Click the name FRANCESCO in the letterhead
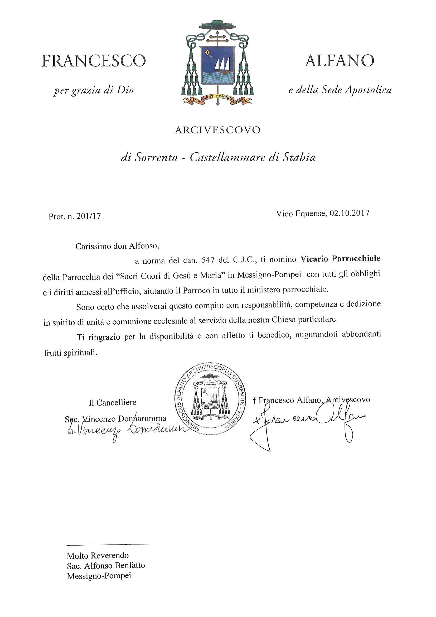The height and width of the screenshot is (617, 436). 94,61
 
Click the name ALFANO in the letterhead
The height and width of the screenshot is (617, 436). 340,61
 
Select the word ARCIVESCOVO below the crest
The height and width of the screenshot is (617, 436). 217,130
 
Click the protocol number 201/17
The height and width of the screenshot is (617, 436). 88,216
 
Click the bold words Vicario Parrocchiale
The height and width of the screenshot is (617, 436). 340,259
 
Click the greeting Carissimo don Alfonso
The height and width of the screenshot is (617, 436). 117,246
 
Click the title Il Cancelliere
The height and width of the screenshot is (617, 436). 113,402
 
